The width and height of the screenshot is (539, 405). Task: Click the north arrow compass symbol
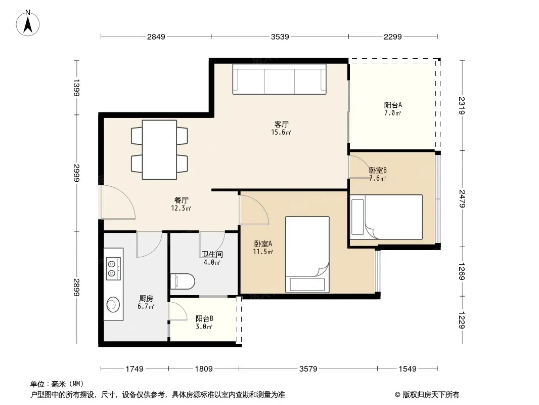point(28,23)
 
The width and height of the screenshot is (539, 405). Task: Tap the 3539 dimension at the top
point(280,36)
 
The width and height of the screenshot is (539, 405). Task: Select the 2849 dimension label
point(156,36)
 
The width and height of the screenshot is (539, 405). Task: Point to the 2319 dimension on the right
point(462,106)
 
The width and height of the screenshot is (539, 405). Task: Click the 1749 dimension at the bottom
point(134,369)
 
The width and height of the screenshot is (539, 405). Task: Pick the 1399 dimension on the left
point(76,88)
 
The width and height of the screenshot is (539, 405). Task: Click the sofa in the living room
point(279,79)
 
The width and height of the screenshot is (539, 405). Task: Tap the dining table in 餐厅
point(159,150)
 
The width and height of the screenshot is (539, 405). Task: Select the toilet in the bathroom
point(183,281)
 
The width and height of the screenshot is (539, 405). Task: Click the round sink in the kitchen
point(113,304)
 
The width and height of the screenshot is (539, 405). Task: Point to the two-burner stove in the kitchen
point(113,269)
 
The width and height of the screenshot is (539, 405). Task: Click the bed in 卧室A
point(307,255)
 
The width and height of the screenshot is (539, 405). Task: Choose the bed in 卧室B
point(386,217)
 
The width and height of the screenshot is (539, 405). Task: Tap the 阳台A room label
point(393,105)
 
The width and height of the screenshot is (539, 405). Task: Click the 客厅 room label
point(281,124)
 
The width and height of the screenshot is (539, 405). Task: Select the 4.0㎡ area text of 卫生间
point(212,263)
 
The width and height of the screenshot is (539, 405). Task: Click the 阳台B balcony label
point(205,319)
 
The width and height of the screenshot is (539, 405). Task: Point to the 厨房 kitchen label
point(146,298)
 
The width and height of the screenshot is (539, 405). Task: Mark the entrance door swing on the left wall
point(118,202)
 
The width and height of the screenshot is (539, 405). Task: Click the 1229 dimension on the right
point(462,320)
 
